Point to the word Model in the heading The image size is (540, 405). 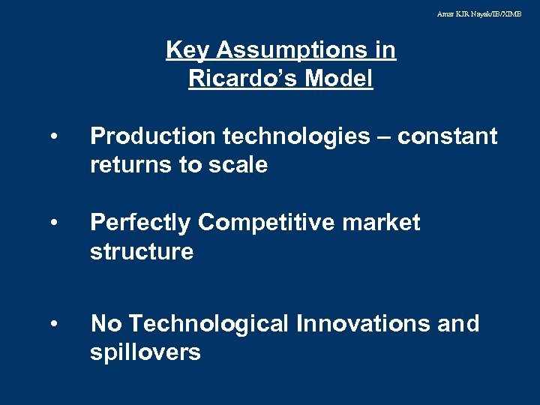pyautogui.click(x=343, y=79)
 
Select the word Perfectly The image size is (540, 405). pyautogui.click(x=140, y=223)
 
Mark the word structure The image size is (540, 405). pyautogui.click(x=141, y=251)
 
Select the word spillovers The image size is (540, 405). pyautogui.click(x=145, y=352)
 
